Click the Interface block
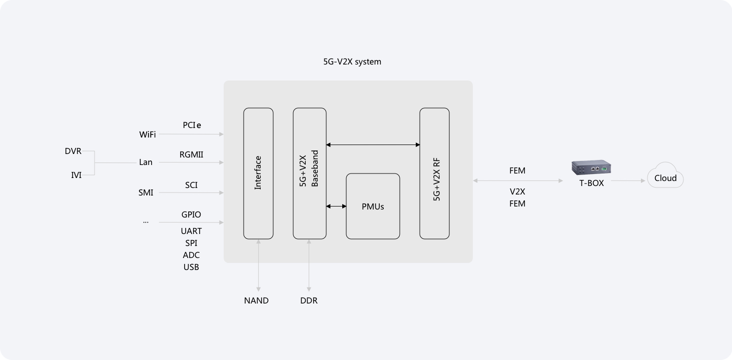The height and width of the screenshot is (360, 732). click(258, 173)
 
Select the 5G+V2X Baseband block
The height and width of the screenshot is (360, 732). click(310, 173)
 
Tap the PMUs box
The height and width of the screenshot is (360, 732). click(373, 206)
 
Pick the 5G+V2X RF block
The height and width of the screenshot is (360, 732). click(434, 173)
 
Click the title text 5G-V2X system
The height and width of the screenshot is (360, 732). click(352, 61)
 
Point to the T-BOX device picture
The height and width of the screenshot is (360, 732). click(591, 167)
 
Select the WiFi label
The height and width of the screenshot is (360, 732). click(148, 134)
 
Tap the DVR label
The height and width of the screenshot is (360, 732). click(73, 151)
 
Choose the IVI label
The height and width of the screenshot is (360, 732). click(76, 175)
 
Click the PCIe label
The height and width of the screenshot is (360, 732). click(192, 125)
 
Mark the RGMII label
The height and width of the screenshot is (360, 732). click(191, 154)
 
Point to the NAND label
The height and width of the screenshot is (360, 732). click(256, 300)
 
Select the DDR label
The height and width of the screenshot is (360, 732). click(309, 300)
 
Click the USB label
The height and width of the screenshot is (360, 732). click(191, 267)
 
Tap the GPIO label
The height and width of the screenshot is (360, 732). click(191, 214)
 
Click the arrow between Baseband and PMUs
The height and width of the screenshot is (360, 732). click(336, 206)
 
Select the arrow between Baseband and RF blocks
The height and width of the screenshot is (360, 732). click(373, 144)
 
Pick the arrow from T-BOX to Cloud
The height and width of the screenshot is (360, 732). click(628, 180)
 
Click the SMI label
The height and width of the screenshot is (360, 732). click(146, 192)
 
